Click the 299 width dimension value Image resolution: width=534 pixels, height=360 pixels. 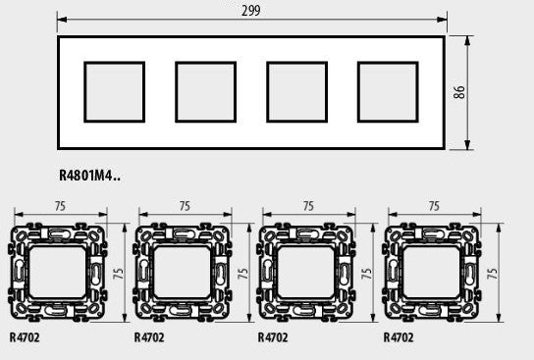[x=251, y=10]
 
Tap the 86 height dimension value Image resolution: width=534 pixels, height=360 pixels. [x=459, y=92]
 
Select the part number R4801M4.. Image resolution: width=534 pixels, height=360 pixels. [x=89, y=176]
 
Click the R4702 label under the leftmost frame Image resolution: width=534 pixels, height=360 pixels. [x=25, y=337]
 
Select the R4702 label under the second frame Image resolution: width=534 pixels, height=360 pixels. [x=149, y=337]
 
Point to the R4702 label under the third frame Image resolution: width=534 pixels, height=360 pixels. [x=273, y=337]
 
